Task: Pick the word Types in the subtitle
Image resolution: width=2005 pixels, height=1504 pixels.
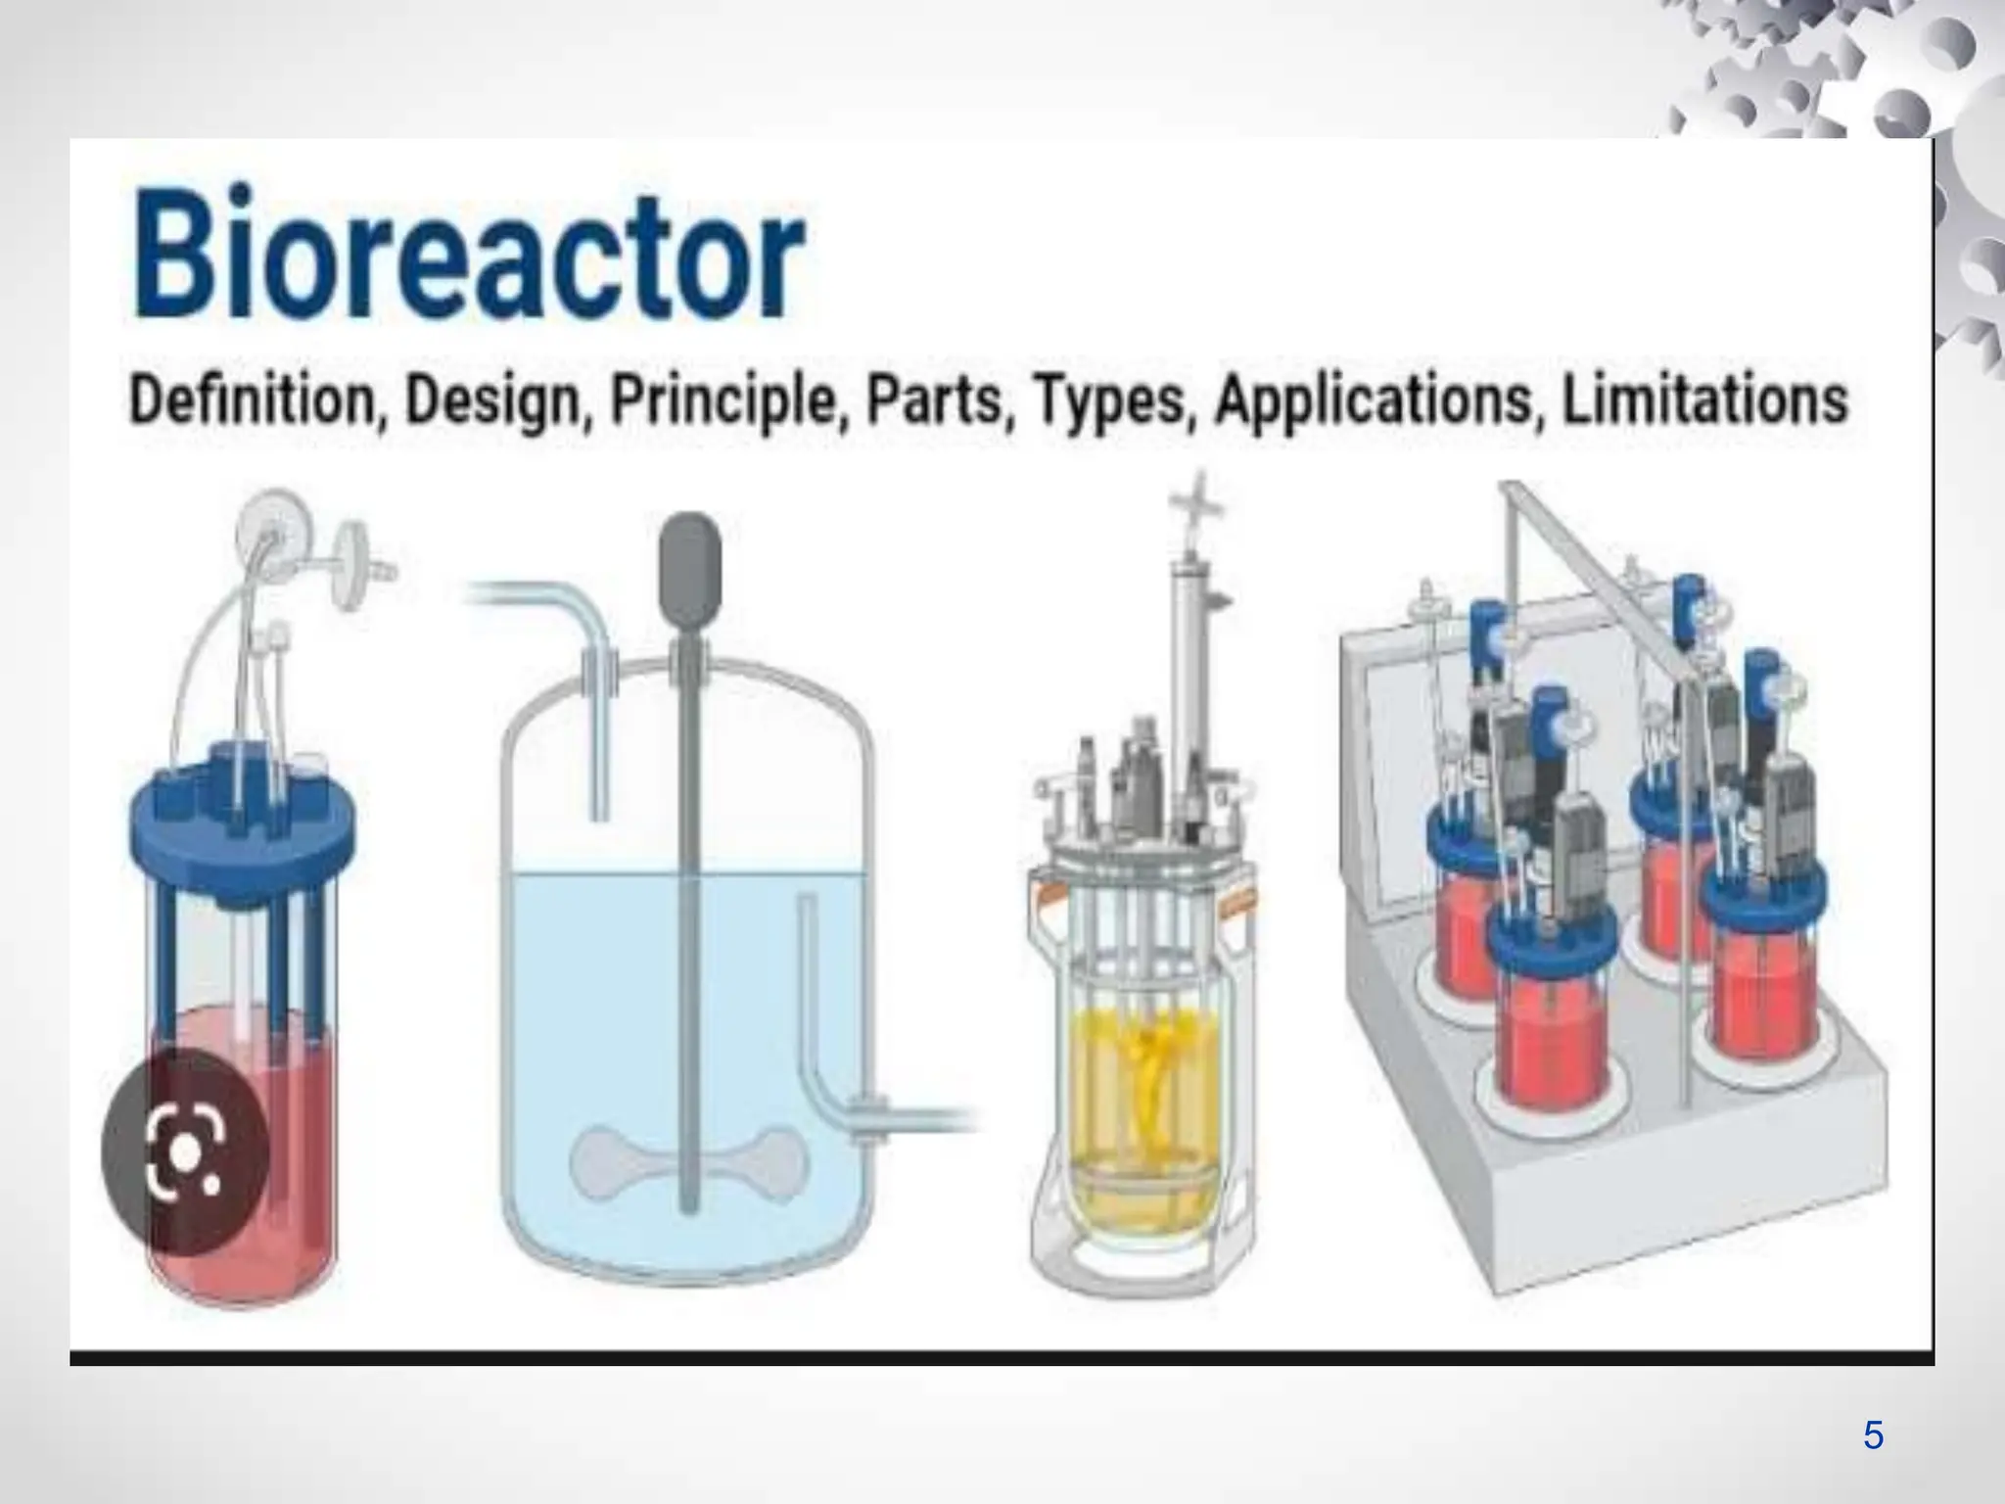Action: [x=1109, y=402]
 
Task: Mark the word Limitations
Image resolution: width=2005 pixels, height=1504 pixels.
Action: [x=1704, y=400]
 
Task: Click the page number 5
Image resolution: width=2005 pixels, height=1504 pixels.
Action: [x=1873, y=1435]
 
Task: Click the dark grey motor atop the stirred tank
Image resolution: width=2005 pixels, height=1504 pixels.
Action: [x=690, y=557]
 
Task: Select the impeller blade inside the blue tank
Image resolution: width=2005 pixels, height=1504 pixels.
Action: [x=690, y=1160]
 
